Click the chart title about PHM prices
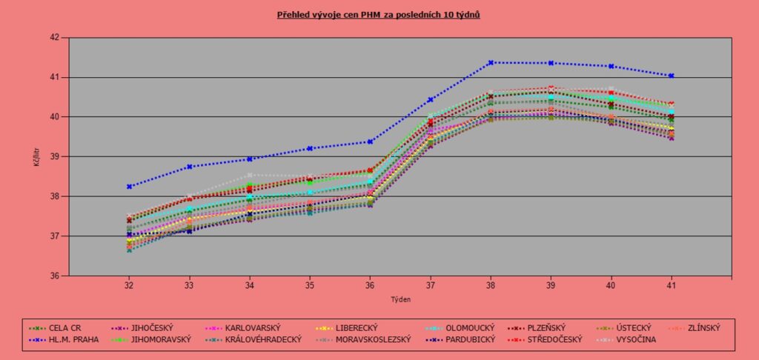pyautogui.click(x=379, y=14)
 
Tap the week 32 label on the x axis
pyautogui.click(x=129, y=284)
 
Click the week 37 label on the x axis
pyautogui.click(x=430, y=284)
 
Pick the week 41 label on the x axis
pyautogui.click(x=671, y=284)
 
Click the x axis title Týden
pyautogui.click(x=400, y=300)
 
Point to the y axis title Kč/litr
pyautogui.click(x=36, y=156)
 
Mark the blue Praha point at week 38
pyautogui.click(x=491, y=63)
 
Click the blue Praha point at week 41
pyautogui.click(x=671, y=76)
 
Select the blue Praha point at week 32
pyautogui.click(x=129, y=187)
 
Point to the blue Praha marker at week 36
pyautogui.click(x=370, y=141)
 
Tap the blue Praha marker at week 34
pyautogui.click(x=250, y=159)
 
